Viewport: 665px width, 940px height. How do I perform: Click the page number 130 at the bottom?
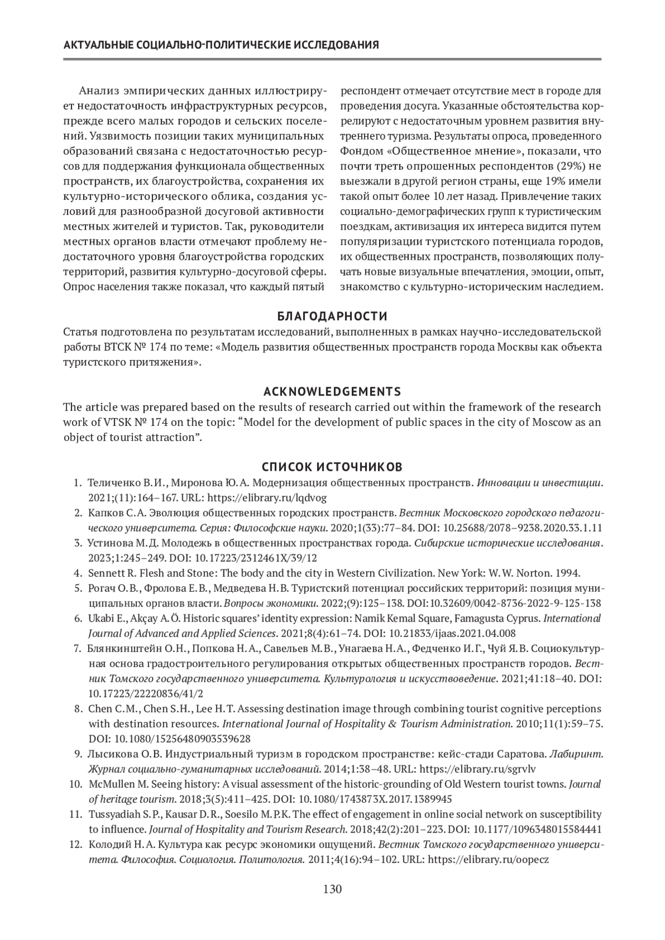pyautogui.click(x=332, y=889)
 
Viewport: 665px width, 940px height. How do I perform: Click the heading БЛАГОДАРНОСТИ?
pyautogui.click(x=332, y=316)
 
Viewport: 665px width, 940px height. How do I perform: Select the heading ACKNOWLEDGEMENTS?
pyautogui.click(x=332, y=392)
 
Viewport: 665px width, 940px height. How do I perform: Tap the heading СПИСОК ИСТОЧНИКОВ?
pyautogui.click(x=332, y=467)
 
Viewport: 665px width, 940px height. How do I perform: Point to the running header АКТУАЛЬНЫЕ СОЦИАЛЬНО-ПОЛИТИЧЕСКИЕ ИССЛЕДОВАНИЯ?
pyautogui.click(x=222, y=45)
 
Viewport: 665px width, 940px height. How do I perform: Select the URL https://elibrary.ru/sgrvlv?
pyautogui.click(x=478, y=769)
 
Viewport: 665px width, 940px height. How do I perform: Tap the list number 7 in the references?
pyautogui.click(x=78, y=648)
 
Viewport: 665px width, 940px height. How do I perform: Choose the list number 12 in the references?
pyautogui.click(x=75, y=845)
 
